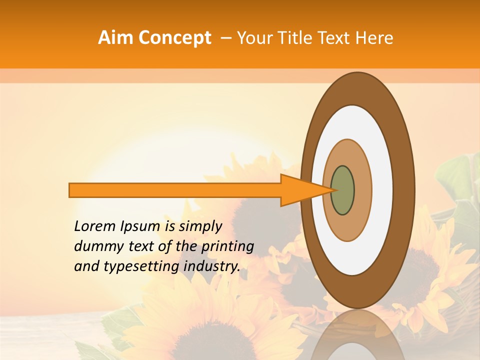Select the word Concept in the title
(173, 38)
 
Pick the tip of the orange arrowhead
(331, 190)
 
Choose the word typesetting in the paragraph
(134, 267)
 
